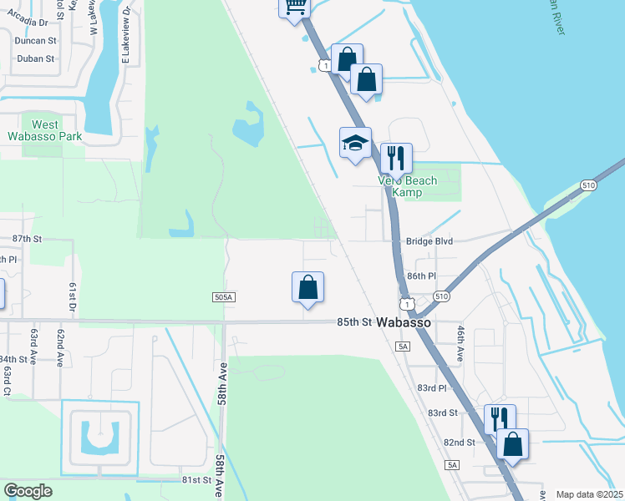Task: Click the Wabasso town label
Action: tap(404, 322)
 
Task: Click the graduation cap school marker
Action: tap(354, 142)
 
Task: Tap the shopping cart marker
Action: tap(294, 7)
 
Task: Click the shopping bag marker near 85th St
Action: tap(308, 287)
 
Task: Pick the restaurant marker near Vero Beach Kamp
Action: tap(397, 157)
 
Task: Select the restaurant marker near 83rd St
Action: tap(500, 418)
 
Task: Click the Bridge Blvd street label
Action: tap(429, 241)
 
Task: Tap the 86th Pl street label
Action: tap(421, 276)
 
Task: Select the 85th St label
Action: tap(353, 321)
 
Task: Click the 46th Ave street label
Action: tap(460, 343)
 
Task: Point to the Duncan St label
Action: tap(35, 39)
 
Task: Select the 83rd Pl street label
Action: tap(432, 388)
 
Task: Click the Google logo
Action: tap(28, 491)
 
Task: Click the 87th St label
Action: tap(28, 239)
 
